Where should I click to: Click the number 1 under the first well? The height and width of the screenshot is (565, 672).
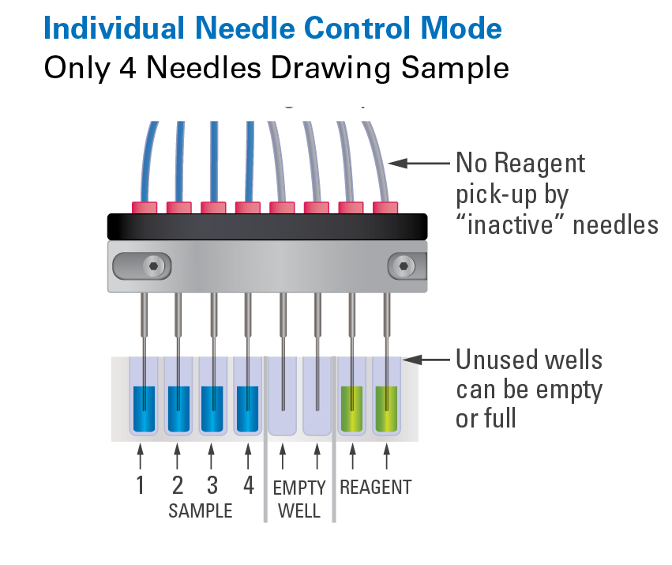[141, 484]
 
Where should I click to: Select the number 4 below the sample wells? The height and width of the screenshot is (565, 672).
[249, 484]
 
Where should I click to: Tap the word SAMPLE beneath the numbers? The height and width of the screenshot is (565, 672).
[201, 511]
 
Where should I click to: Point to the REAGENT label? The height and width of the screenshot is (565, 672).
[376, 487]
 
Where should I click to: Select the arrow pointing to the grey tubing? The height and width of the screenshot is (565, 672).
[419, 164]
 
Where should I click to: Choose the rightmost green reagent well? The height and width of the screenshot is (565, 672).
[387, 408]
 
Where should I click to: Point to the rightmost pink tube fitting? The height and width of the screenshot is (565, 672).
[385, 207]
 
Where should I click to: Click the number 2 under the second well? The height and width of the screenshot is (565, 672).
[178, 484]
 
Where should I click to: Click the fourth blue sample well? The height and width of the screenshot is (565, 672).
[248, 408]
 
